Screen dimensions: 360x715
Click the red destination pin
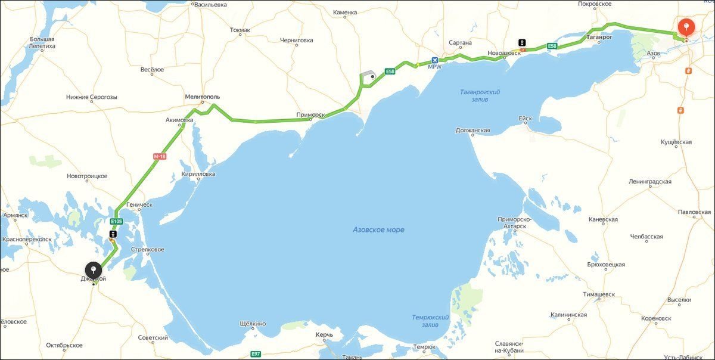(687, 27)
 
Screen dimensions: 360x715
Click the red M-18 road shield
(160, 156)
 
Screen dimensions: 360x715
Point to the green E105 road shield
(116, 221)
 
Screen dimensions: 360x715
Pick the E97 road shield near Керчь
(256, 354)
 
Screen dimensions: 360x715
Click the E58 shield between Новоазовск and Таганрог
(552, 46)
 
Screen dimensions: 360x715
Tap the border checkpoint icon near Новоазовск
(522, 43)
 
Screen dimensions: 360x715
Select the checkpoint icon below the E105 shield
(113, 235)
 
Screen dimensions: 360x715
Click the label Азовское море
(378, 229)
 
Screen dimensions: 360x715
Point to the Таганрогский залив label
(480, 95)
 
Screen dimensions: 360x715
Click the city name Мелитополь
(203, 97)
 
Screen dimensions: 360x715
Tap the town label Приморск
(310, 114)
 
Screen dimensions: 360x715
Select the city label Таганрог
(599, 37)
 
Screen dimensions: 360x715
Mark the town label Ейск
(525, 118)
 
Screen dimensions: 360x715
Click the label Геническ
(139, 204)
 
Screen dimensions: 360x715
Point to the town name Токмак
(240, 29)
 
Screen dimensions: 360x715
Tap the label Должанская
(472, 130)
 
